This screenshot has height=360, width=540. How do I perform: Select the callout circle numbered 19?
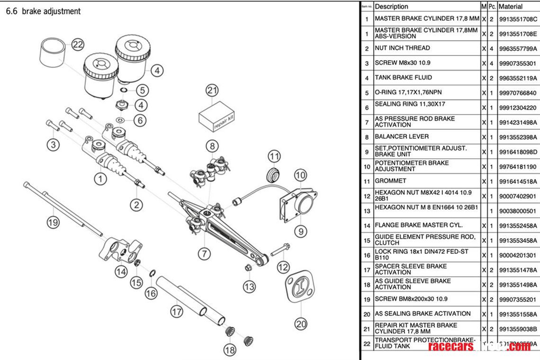(53, 223)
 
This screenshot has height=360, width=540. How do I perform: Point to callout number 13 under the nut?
(250, 286)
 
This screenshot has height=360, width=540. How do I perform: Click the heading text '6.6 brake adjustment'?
(43, 11)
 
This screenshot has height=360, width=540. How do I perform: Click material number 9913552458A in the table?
(518, 225)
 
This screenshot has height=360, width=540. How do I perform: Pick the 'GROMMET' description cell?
(390, 180)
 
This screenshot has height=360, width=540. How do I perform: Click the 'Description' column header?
(391, 7)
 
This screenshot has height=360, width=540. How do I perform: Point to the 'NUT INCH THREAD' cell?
(402, 48)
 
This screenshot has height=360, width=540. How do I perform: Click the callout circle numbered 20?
(301, 324)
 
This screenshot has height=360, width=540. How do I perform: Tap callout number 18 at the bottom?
(230, 350)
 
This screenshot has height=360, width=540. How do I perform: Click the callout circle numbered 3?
(53, 144)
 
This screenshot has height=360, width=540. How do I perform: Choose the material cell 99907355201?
(518, 299)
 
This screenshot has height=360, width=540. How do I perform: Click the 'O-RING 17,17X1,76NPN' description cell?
(408, 92)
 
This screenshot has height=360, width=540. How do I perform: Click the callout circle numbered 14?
(121, 271)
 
